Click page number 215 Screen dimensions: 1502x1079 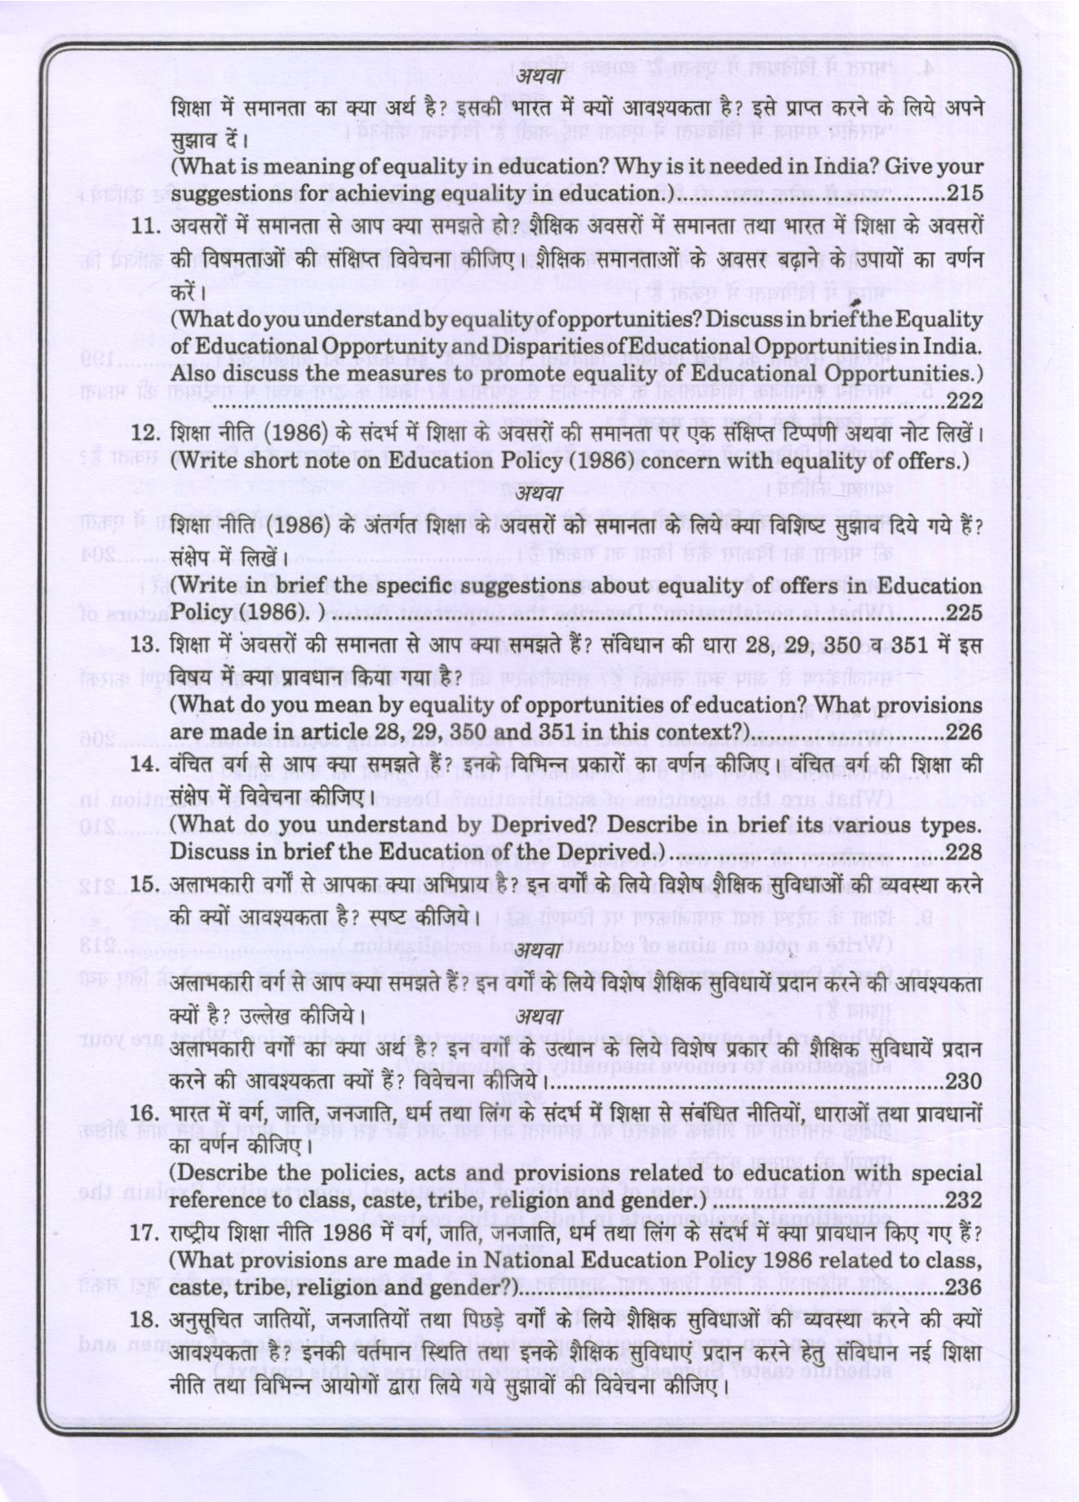(x=964, y=194)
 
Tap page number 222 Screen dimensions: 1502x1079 (x=964, y=401)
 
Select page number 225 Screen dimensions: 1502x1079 (x=964, y=612)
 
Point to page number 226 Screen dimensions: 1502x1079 (x=964, y=732)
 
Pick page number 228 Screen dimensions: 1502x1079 (x=964, y=851)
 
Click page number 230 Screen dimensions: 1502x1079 (x=964, y=1082)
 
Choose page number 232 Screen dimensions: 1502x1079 (x=964, y=1201)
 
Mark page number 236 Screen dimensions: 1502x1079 (x=964, y=1287)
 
